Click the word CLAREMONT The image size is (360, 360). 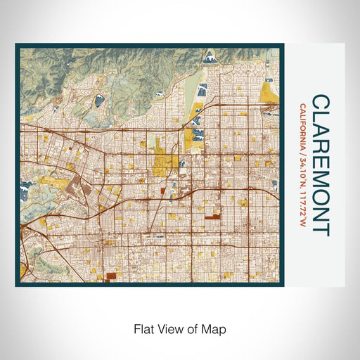320,165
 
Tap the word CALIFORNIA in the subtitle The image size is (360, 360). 302,124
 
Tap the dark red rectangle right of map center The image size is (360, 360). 212,220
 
